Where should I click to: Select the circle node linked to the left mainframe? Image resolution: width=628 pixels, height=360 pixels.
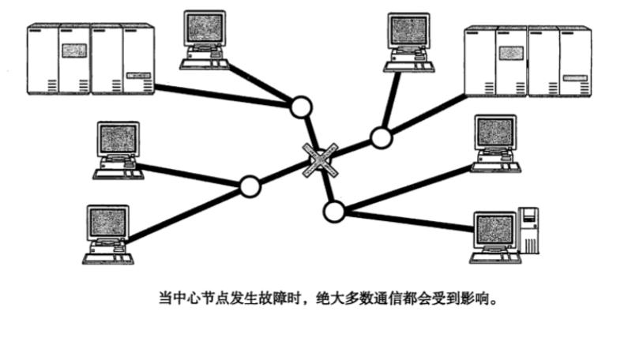[300, 107]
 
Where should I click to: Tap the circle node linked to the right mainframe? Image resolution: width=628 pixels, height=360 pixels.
[382, 137]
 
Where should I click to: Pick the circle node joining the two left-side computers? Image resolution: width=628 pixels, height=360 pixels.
[250, 186]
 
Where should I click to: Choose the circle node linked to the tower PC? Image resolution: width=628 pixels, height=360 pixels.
[334, 211]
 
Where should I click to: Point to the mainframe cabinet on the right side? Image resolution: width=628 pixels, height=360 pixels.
[527, 64]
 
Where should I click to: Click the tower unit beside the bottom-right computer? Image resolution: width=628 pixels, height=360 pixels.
[528, 229]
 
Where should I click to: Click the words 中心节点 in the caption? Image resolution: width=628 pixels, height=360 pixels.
[190, 299]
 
